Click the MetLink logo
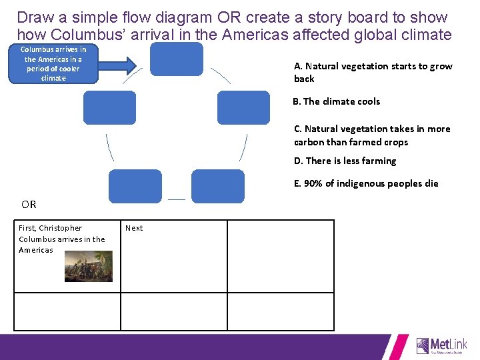pyautogui.click(x=441, y=345)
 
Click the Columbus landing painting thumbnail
pyautogui.click(x=89, y=266)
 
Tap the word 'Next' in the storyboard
pyautogui.click(x=134, y=228)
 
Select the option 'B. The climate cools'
pyautogui.click(x=336, y=101)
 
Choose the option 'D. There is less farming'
pyautogui.click(x=345, y=161)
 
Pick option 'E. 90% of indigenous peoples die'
pyautogui.click(x=366, y=183)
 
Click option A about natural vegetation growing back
pyautogui.click(x=373, y=72)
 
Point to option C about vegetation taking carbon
pyautogui.click(x=372, y=135)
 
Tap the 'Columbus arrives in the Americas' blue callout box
pyautogui.click(x=53, y=64)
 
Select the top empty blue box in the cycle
pyautogui.click(x=176, y=59)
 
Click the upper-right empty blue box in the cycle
pyautogui.click(x=243, y=107)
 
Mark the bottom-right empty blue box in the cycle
pyautogui.click(x=218, y=186)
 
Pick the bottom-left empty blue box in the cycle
pyautogui.click(x=135, y=186)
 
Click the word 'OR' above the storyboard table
pyautogui.click(x=29, y=204)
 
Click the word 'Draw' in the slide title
pyautogui.click(x=35, y=17)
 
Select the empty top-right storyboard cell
pyautogui.click(x=281, y=256)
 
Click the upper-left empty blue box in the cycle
pyautogui.click(x=109, y=107)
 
